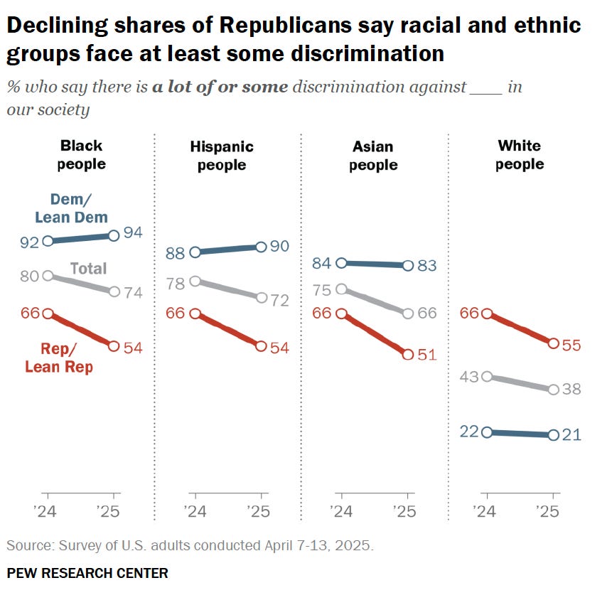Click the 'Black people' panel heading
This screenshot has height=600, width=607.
pyautogui.click(x=82, y=155)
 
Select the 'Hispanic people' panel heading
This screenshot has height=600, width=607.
pyautogui.click(x=222, y=156)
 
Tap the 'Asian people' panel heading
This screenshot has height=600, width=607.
pyautogui.click(x=373, y=156)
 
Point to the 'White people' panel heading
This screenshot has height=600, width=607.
pyautogui.click(x=520, y=155)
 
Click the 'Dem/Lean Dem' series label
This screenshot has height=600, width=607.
pyautogui.click(x=71, y=209)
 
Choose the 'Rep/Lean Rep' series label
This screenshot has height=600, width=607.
pyautogui.click(x=59, y=358)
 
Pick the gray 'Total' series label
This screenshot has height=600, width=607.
pyautogui.click(x=88, y=268)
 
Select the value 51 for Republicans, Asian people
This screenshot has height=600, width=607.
pyautogui.click(x=427, y=354)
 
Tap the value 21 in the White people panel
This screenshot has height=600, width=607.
pyautogui.click(x=572, y=435)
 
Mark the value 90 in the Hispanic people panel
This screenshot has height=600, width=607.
pyautogui.click(x=279, y=246)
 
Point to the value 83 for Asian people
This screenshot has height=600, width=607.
pyautogui.click(x=427, y=265)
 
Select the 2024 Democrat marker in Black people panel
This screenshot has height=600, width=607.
pyautogui.click(x=48, y=241)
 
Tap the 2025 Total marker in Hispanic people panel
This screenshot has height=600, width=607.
pyautogui.click(x=261, y=298)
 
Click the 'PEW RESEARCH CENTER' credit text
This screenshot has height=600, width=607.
pyautogui.click(x=87, y=573)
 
